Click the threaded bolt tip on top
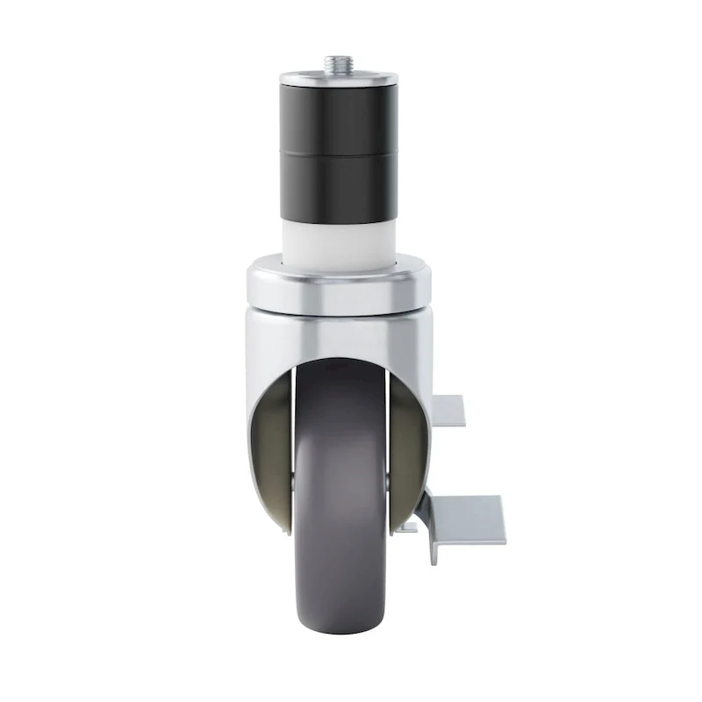339,65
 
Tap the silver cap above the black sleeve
339,79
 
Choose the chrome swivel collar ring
339,290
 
